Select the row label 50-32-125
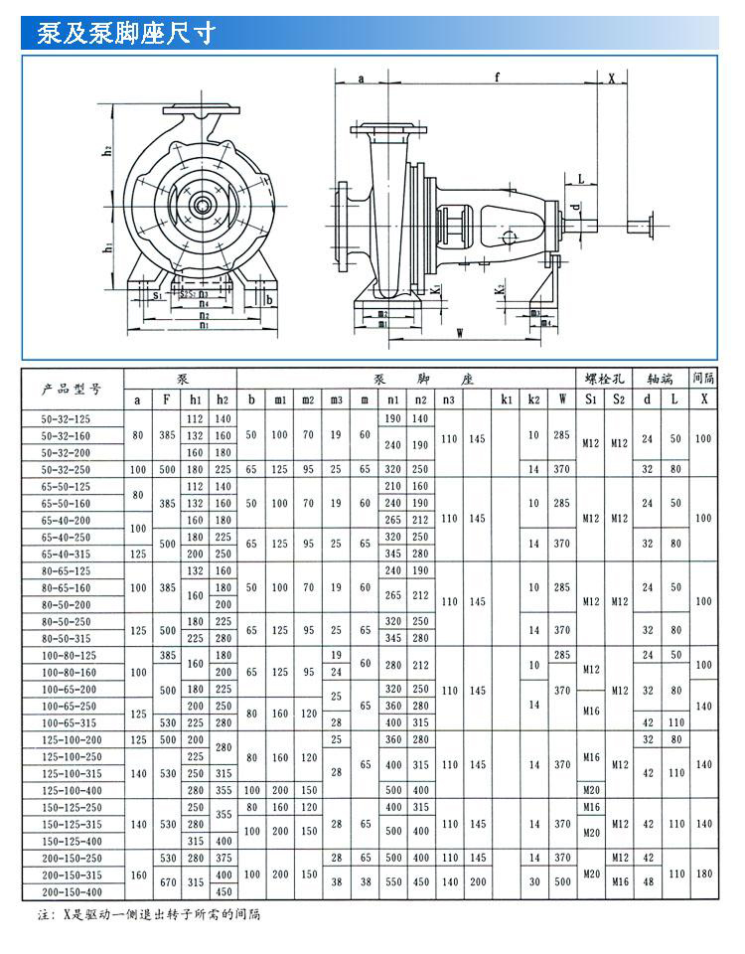coord(71,419)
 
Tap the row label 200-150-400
coord(71,890)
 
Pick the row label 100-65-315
coord(71,722)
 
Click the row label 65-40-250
coord(71,537)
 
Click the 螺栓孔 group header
coord(605,379)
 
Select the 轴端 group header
coord(661,379)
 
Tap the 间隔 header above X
coord(704,379)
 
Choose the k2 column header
coord(534,399)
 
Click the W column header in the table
coord(562,399)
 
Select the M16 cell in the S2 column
coord(619,882)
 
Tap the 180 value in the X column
coord(704,874)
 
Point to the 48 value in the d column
coord(648,882)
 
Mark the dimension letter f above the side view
coord(497,77)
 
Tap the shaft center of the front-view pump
coord(203,206)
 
